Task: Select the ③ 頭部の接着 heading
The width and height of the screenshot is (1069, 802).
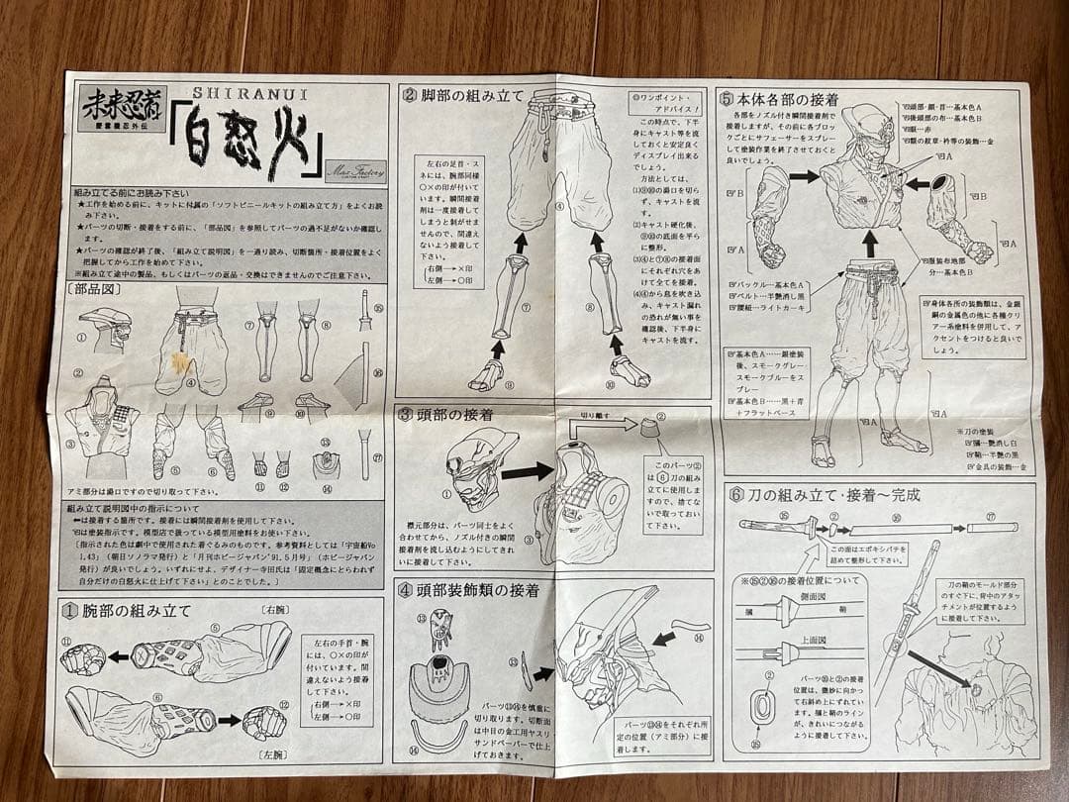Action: point(445,414)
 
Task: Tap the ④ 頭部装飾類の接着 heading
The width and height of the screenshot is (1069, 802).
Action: point(469,590)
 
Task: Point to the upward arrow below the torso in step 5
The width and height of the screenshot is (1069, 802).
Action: point(870,243)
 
